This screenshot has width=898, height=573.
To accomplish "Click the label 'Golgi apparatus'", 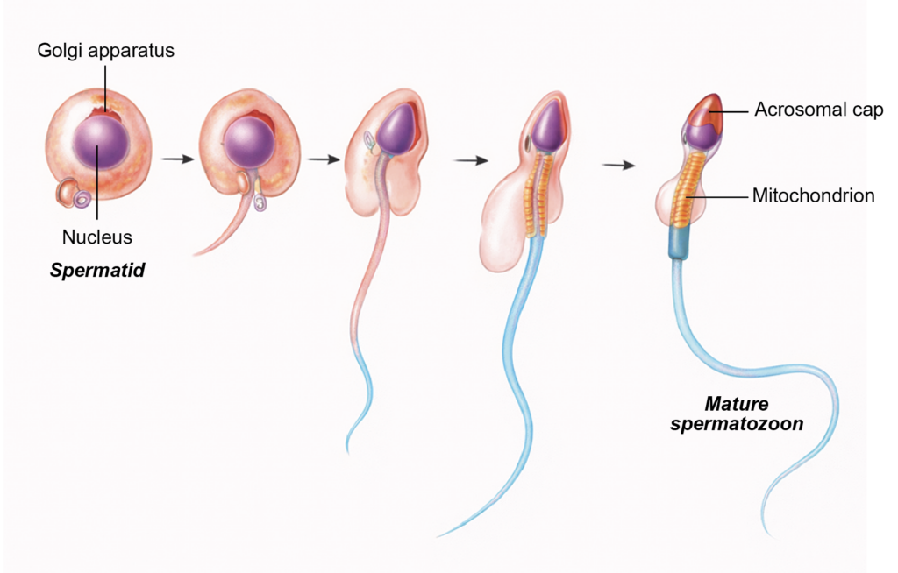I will click(x=106, y=50).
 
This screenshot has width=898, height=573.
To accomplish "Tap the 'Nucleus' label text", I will click(x=97, y=237).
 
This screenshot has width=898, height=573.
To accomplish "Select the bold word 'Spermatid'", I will click(x=97, y=271).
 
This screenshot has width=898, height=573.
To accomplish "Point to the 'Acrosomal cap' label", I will click(x=818, y=110).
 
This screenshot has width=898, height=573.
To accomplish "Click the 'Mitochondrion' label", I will click(x=813, y=196).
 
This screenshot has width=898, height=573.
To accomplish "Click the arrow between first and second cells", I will click(x=178, y=159).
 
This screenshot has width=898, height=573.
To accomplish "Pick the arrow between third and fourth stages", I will click(x=471, y=161).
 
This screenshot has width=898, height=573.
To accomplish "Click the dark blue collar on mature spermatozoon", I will click(x=679, y=242).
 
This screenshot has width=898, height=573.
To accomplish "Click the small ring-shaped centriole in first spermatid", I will click(x=82, y=201).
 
